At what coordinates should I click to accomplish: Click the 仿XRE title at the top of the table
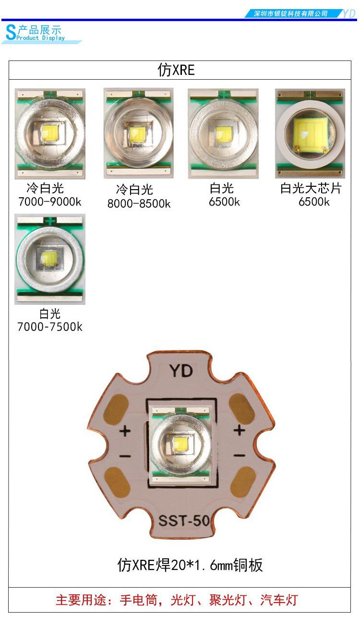[176, 70]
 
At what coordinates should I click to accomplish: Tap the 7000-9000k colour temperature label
[49, 202]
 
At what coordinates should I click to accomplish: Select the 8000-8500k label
[139, 204]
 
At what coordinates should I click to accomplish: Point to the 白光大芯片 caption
[311, 188]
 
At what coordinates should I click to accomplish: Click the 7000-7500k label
[50, 326]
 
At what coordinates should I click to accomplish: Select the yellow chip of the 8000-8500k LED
[137, 134]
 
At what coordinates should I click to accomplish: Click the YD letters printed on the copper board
[181, 371]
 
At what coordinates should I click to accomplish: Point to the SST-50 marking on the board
[184, 520]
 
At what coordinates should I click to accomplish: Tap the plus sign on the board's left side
[125, 431]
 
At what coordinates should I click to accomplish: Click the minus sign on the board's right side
[240, 456]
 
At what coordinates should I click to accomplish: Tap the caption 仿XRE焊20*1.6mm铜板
[190, 565]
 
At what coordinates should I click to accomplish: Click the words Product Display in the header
[41, 38]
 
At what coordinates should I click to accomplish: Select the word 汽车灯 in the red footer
[279, 600]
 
